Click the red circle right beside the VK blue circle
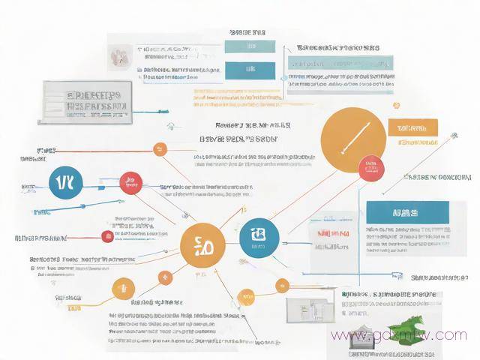point(131,181)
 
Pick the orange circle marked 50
point(202,244)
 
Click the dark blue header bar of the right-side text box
point(407,212)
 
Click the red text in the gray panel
point(332,234)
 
